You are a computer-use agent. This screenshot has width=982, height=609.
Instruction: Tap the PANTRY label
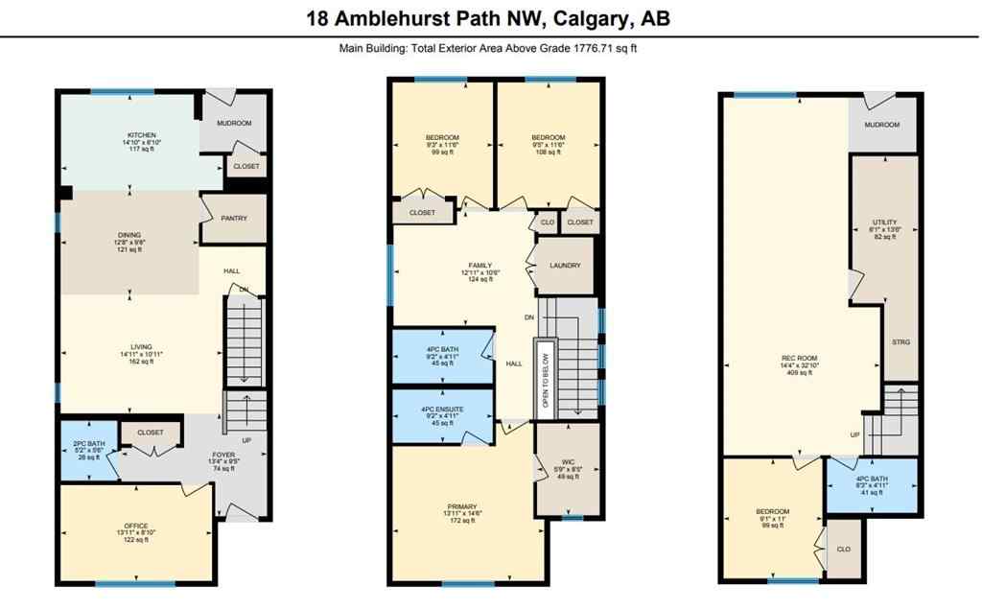click(234, 218)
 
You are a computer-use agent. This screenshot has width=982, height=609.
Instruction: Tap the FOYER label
click(222, 457)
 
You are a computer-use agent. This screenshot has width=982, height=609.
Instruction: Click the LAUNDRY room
click(566, 265)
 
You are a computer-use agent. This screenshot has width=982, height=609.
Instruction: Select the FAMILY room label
click(479, 265)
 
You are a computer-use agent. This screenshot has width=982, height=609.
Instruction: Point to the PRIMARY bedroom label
click(462, 507)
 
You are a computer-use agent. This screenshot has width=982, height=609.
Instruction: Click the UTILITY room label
click(883, 222)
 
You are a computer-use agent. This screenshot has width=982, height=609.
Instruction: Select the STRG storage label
click(900, 341)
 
